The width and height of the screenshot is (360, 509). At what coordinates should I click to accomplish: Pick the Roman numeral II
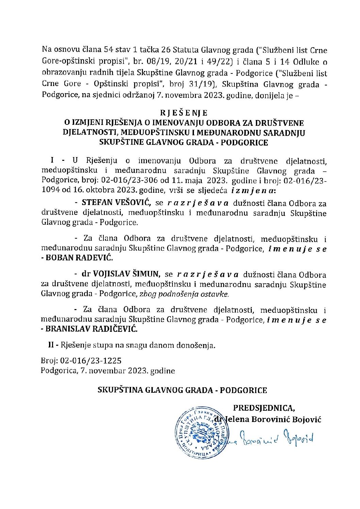point(52,346)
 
